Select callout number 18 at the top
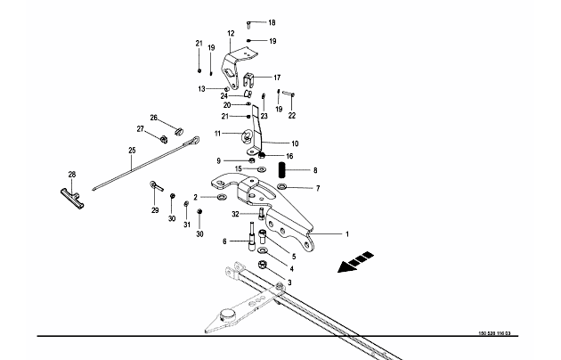click(272, 22)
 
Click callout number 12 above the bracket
click(230, 34)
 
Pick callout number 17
click(276, 77)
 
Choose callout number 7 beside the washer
click(317, 188)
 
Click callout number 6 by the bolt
click(225, 241)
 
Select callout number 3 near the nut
click(288, 282)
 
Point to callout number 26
click(153, 118)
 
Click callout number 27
click(141, 130)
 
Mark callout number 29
click(155, 210)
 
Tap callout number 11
click(216, 134)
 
